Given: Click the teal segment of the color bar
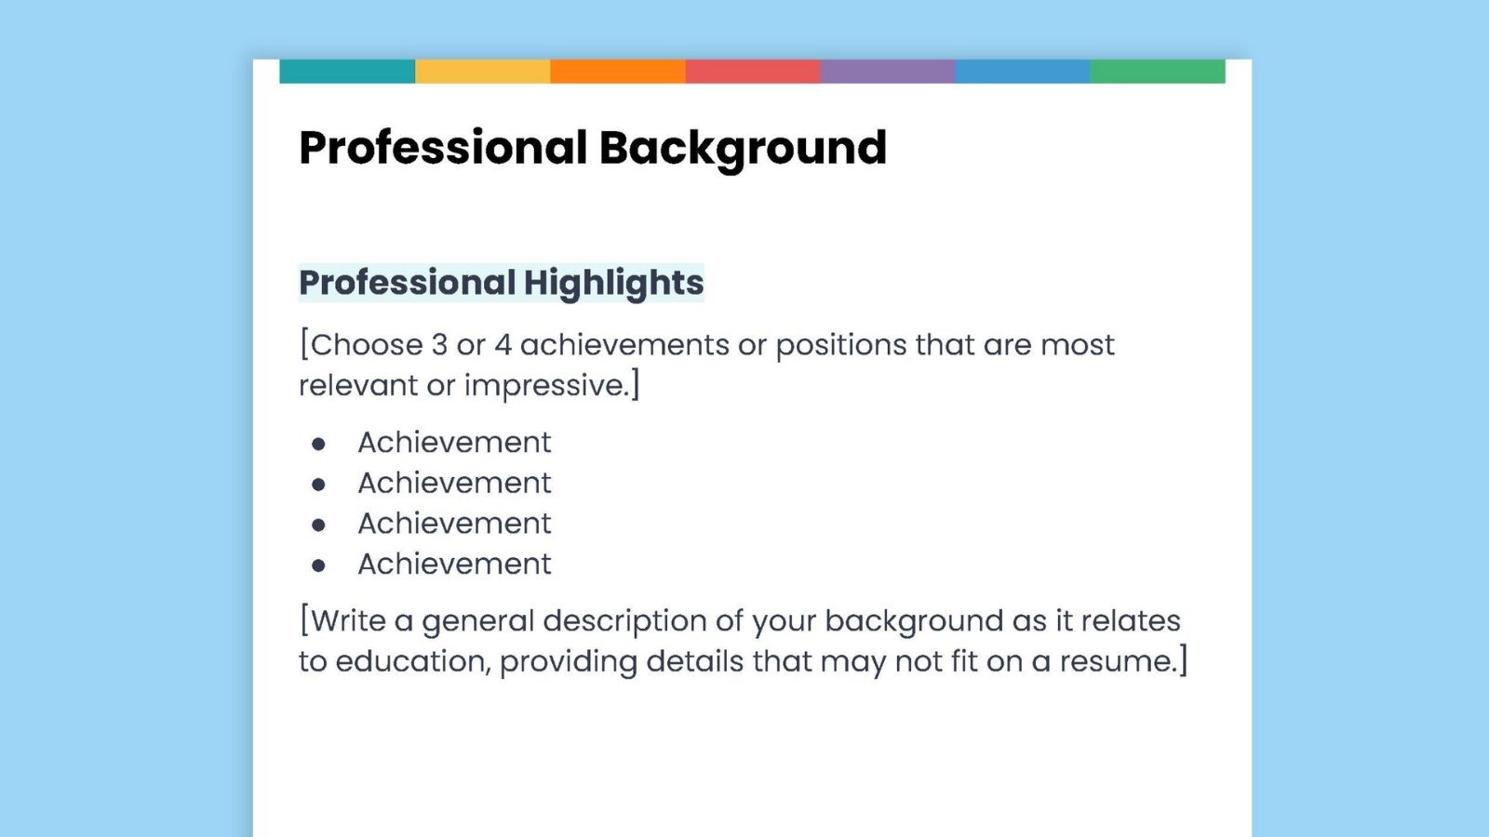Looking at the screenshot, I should [347, 72].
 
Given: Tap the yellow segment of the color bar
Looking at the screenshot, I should [482, 72].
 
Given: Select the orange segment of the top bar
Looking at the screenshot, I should [617, 72].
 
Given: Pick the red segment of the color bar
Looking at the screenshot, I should [752, 72].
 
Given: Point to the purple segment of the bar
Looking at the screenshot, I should [887, 72].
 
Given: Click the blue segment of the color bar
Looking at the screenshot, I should [1022, 72].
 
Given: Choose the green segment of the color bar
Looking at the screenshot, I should [1157, 72].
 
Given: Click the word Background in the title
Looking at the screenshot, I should [743, 149].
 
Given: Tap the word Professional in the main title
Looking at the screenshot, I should [443, 149].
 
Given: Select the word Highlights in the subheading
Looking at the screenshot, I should [613, 283].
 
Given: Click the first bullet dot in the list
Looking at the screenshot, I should [318, 445].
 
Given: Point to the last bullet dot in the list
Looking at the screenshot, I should [318, 565].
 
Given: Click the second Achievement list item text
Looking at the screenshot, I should [454, 483].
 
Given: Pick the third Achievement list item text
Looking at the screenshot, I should [454, 524].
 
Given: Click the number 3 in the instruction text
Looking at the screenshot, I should [439, 345].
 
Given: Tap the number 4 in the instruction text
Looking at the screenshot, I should [503, 345].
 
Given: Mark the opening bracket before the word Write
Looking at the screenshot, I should [304, 619].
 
